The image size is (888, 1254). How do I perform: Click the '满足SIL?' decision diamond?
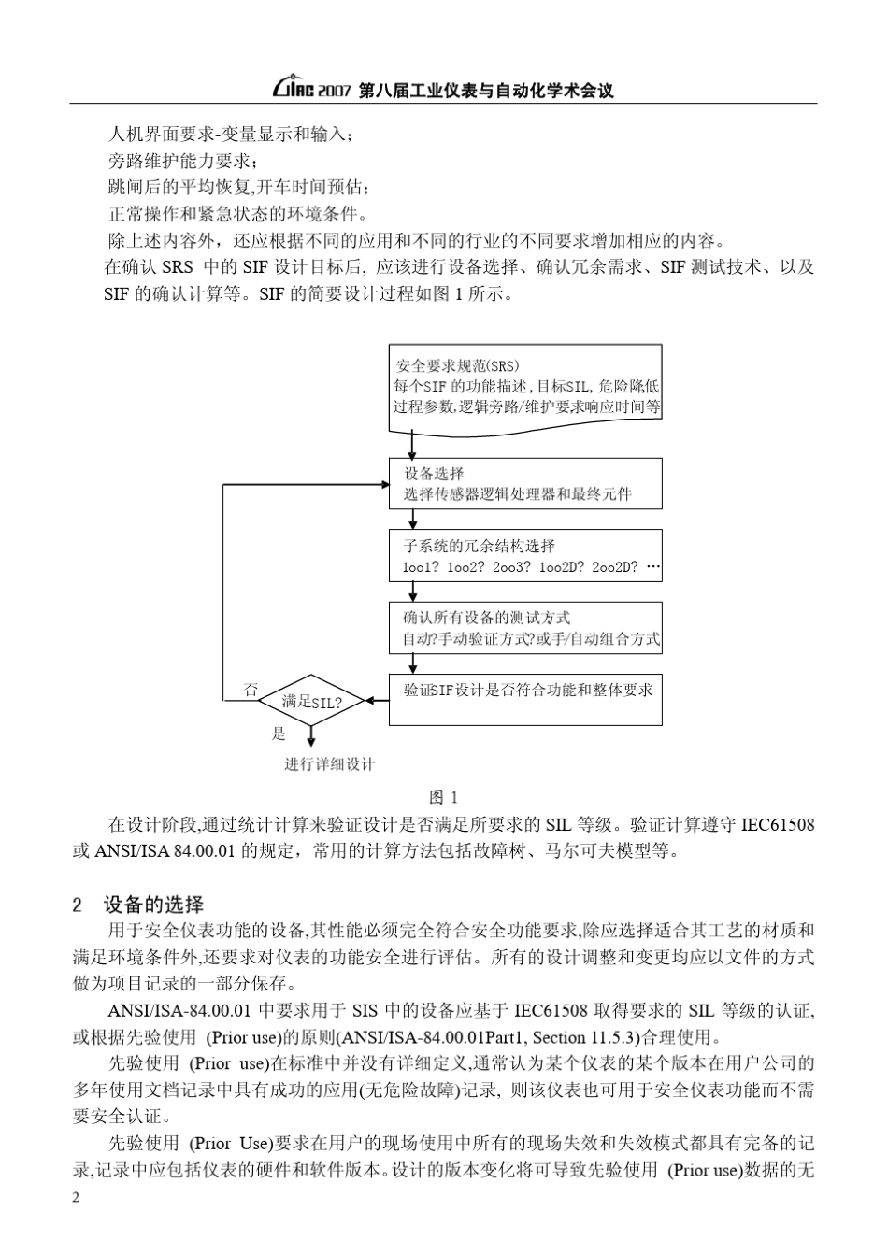(x=310, y=701)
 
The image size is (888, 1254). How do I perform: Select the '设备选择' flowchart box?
(x=525, y=483)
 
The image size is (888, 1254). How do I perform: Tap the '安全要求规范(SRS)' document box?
(x=525, y=387)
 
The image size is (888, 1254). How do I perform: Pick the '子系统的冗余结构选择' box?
(x=525, y=555)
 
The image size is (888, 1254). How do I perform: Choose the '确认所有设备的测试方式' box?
(x=525, y=627)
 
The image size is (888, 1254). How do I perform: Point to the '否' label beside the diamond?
(x=251, y=691)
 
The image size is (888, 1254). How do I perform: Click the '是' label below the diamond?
(x=279, y=734)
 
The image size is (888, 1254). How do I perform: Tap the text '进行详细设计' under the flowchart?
(x=330, y=764)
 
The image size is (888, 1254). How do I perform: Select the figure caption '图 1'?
(x=443, y=797)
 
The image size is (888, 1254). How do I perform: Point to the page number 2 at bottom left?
(x=77, y=1199)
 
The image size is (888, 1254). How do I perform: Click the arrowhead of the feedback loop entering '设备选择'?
(x=383, y=484)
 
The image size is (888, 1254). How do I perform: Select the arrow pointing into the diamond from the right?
(x=370, y=700)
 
